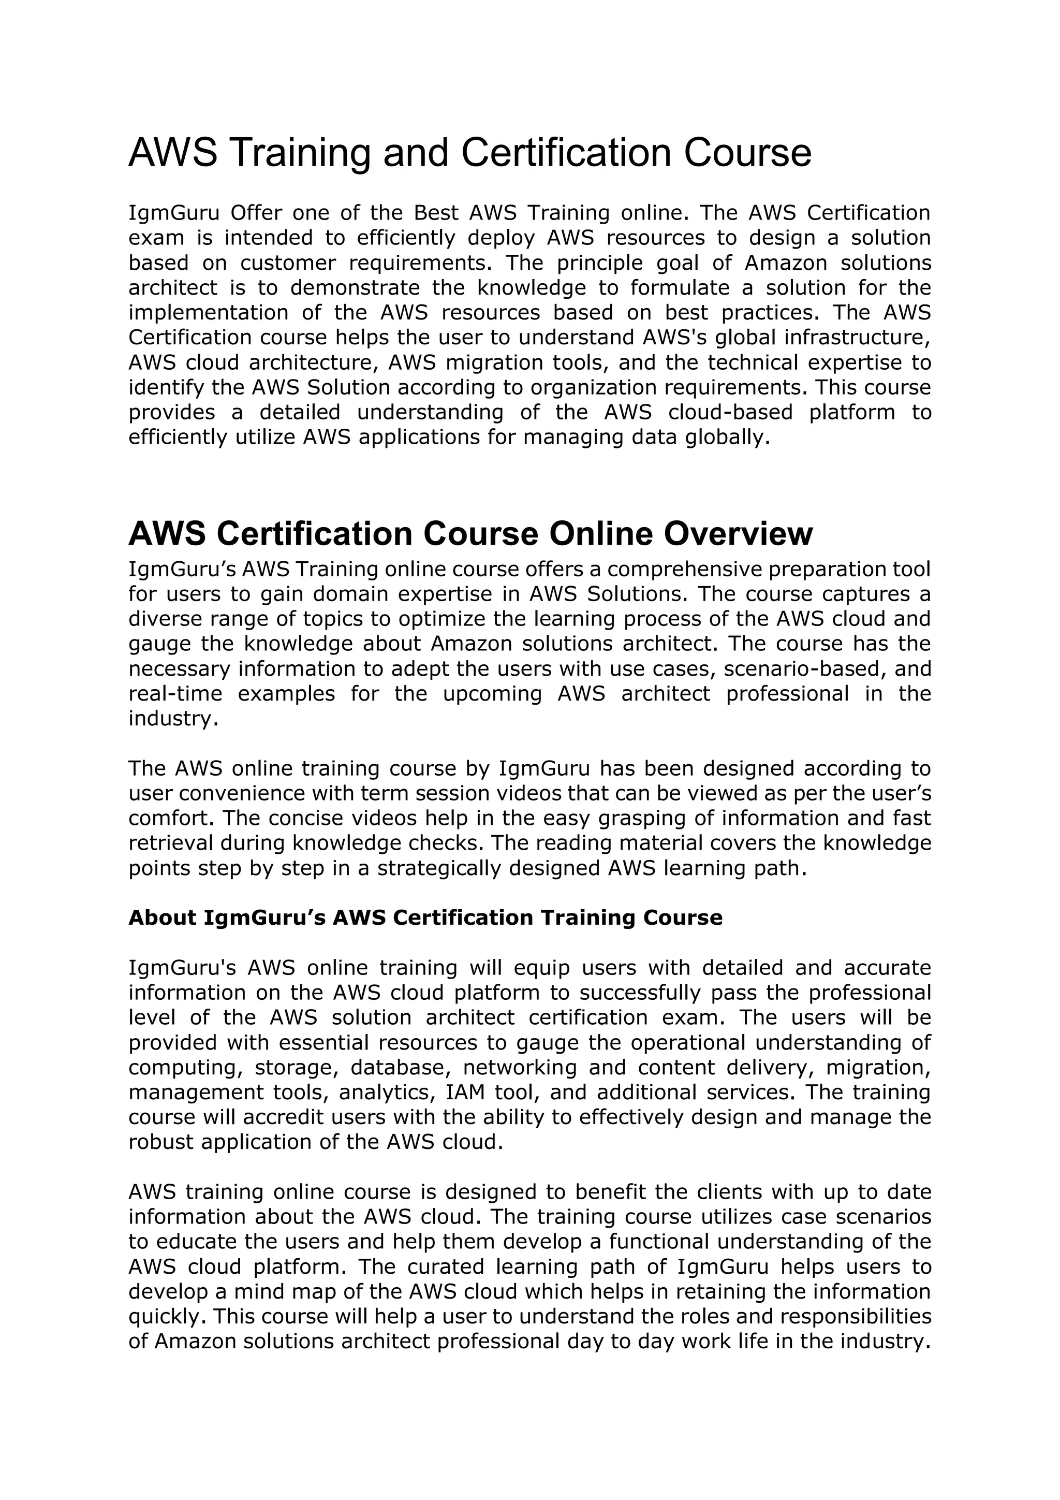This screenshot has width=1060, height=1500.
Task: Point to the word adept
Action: coord(417,668)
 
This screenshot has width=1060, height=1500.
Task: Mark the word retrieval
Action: coord(170,843)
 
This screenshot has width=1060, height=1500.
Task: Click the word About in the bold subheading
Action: coord(162,918)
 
